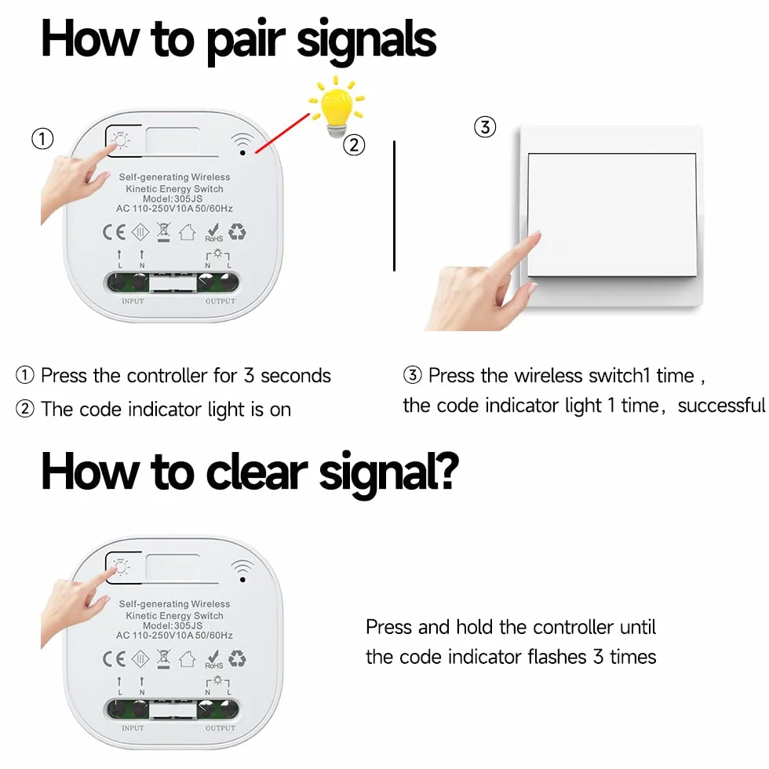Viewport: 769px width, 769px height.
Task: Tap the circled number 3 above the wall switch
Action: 485,127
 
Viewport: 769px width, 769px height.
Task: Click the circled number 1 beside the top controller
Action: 42,139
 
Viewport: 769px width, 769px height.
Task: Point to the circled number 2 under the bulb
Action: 354,145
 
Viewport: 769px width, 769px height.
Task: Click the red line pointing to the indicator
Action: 282,133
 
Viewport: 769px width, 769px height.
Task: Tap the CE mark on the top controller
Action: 114,232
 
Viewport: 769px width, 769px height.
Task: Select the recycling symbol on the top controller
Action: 237,231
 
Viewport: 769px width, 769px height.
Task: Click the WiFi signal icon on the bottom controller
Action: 242,570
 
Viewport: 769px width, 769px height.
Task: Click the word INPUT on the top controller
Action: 133,301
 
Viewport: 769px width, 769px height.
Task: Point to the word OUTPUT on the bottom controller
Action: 220,728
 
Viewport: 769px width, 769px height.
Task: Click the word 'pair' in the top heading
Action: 245,41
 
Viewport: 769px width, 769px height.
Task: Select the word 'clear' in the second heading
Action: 257,472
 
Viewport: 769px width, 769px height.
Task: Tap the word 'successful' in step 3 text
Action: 721,406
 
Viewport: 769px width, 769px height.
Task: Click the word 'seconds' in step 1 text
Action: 296,376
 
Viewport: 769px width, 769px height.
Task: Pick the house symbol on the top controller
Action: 188,232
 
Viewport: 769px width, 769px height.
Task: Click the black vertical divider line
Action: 394,206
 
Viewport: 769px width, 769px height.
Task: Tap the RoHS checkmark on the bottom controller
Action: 213,659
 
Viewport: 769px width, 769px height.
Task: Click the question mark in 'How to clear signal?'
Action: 446,470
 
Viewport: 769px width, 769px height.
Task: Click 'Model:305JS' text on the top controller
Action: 173,199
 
